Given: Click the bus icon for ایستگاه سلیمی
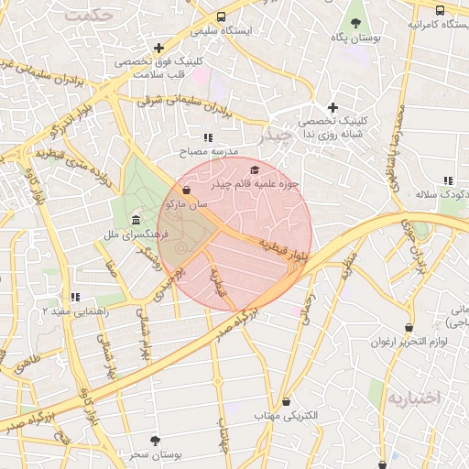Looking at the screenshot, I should pos(221,16).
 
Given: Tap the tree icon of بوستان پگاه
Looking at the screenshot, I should pos(355,24).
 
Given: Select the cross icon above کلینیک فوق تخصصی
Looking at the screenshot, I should pos(159,48).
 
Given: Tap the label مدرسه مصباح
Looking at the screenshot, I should pos(212,150).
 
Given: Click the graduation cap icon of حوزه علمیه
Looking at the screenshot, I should pos(254,169).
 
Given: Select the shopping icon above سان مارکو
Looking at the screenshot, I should pos(187,191).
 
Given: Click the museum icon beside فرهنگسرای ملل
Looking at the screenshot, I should pos(136,220).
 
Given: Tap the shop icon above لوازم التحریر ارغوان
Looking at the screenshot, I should pos(409,327).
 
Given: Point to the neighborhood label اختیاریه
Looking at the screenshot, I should pos(413,398).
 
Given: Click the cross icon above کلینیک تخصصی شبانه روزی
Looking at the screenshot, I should pos(333,107).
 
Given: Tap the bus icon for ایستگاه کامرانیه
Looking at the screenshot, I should pos(441,10).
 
